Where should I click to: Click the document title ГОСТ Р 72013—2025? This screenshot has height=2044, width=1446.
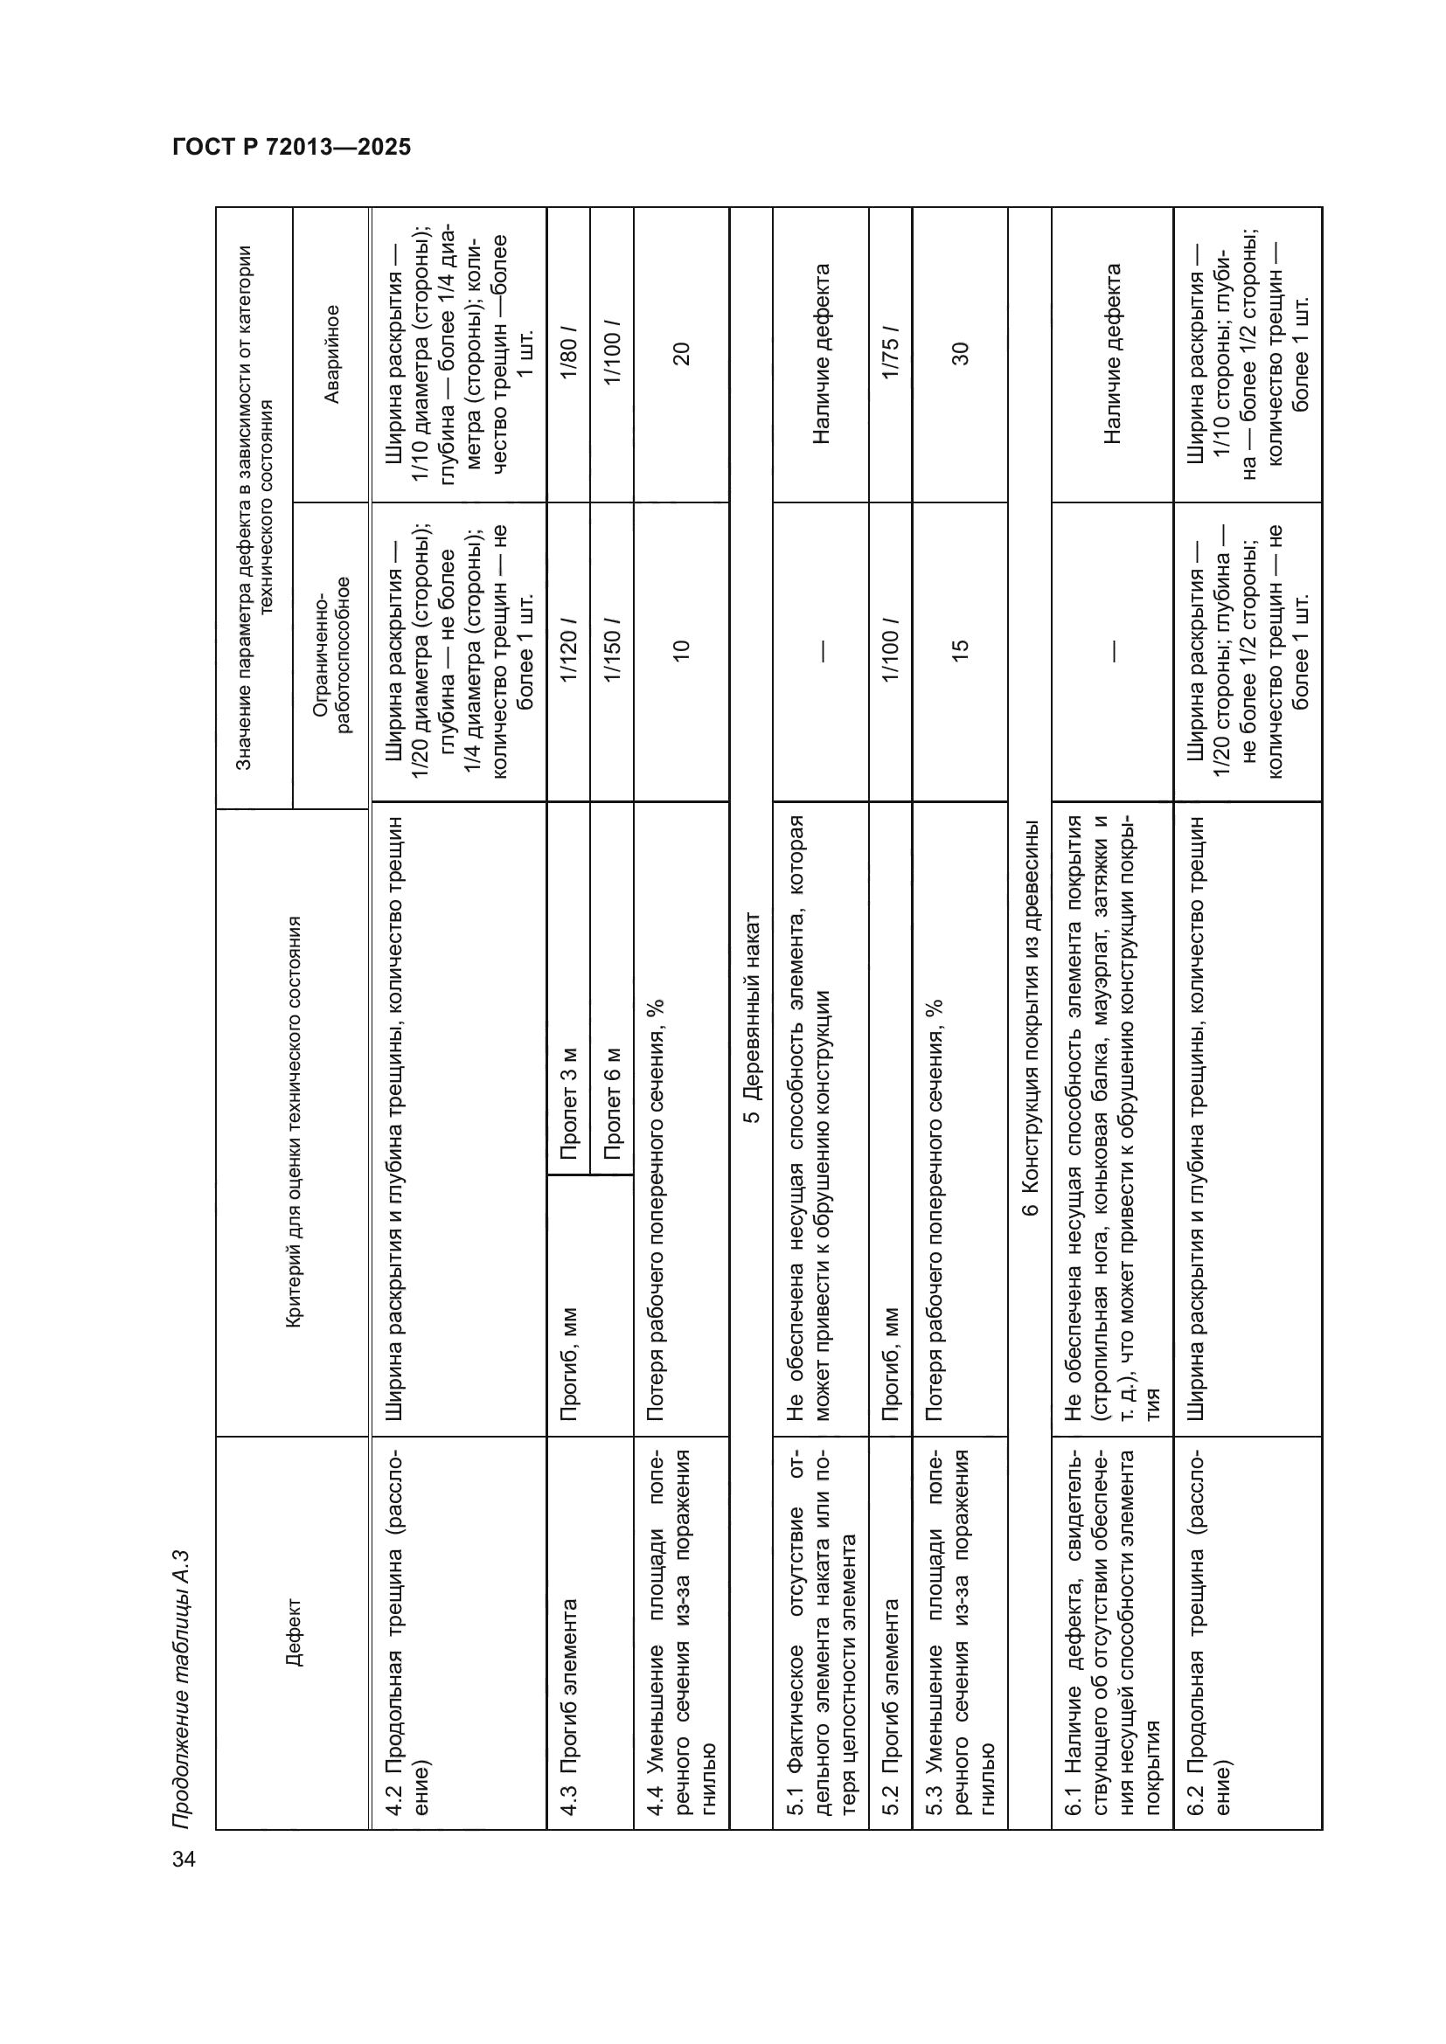tap(291, 147)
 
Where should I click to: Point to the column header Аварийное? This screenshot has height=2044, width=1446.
tap(331, 354)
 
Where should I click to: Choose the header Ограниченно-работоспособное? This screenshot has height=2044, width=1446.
tap(331, 654)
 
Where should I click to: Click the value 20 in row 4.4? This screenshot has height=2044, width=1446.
tap(681, 354)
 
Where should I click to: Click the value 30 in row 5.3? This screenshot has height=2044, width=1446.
tap(960, 354)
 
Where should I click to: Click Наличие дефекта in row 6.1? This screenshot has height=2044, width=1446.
tap(1112, 354)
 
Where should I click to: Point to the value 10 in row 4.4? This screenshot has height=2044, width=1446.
tap(681, 651)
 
